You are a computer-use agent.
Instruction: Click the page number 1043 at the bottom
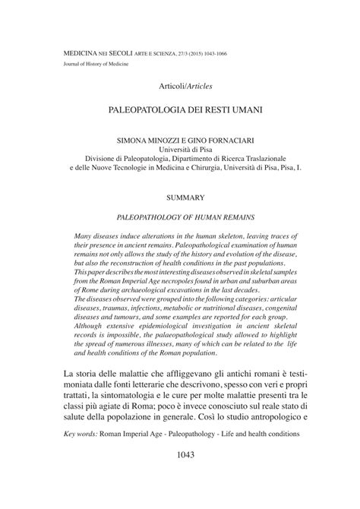(179, 477)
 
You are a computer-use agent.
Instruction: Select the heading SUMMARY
(181, 196)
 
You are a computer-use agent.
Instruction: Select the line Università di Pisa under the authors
(180, 152)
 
